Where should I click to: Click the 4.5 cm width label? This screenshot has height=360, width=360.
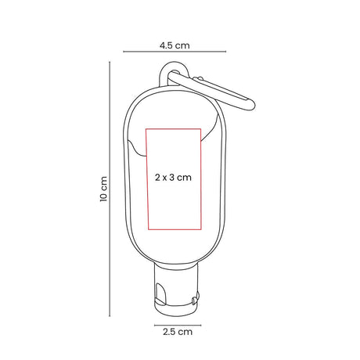[x=175, y=45]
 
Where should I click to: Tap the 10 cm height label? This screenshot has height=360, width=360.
[x=103, y=189]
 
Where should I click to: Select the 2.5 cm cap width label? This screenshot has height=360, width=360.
[x=178, y=332]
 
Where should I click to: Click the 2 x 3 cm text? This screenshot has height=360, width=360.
[x=173, y=178]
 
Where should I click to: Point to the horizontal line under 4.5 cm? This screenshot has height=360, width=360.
[x=175, y=52]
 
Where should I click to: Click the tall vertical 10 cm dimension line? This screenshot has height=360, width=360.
[x=110, y=189]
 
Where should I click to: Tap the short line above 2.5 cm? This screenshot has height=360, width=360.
[x=178, y=326]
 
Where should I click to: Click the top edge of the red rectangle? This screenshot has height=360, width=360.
[x=173, y=129]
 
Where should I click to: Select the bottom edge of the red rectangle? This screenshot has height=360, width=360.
[x=175, y=229]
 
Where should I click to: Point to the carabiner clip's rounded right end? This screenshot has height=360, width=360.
[x=250, y=105]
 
